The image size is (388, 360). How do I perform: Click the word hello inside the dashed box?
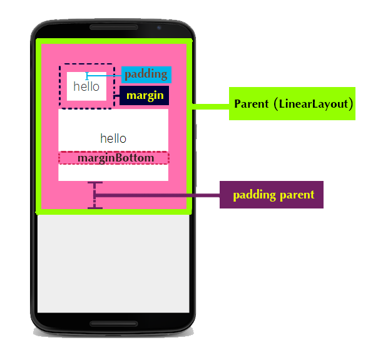[x=86, y=86]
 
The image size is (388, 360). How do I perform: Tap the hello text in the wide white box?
[x=113, y=138]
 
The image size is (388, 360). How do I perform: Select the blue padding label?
[x=146, y=75]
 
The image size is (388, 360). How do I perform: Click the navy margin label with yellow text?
[x=145, y=96]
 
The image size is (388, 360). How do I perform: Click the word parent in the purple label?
[x=297, y=195]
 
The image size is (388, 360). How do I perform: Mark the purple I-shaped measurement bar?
[x=94, y=195]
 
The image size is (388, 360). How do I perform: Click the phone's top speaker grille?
[x=113, y=28]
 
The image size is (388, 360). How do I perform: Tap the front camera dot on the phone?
[x=158, y=28]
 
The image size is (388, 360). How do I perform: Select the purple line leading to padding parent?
[x=156, y=195]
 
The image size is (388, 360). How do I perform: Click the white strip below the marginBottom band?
[x=113, y=172]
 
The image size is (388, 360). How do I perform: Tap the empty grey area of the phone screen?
[x=113, y=263]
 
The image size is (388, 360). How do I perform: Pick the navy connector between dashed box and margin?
[x=116, y=96]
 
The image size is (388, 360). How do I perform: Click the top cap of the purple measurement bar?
[x=94, y=183]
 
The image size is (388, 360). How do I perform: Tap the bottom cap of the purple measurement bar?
[x=94, y=207]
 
